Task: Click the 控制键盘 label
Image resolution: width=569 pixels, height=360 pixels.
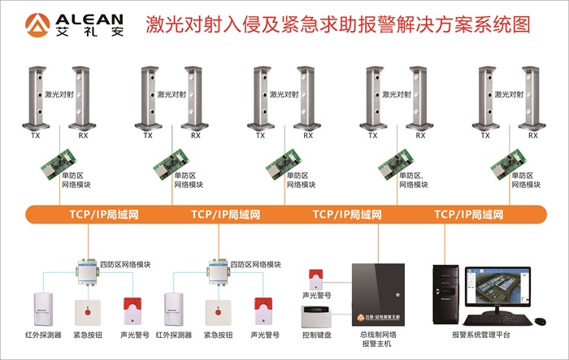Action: coord(317,335)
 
